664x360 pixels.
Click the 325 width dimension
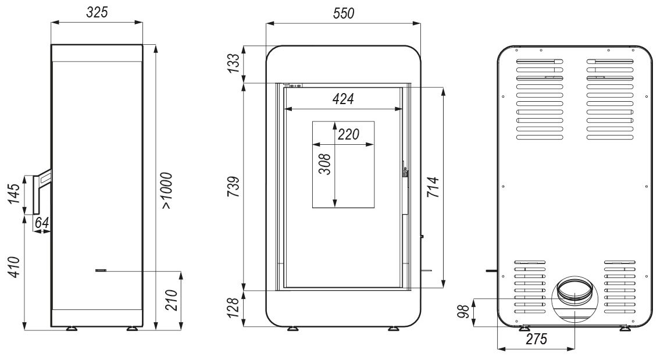click(x=97, y=12)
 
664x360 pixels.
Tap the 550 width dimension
click(x=344, y=13)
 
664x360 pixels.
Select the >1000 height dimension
click(x=167, y=191)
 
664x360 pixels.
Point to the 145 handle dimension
click(x=15, y=194)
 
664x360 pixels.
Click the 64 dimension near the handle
click(x=42, y=223)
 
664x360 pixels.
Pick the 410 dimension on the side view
click(x=15, y=267)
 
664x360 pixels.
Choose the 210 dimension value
click(x=171, y=300)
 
